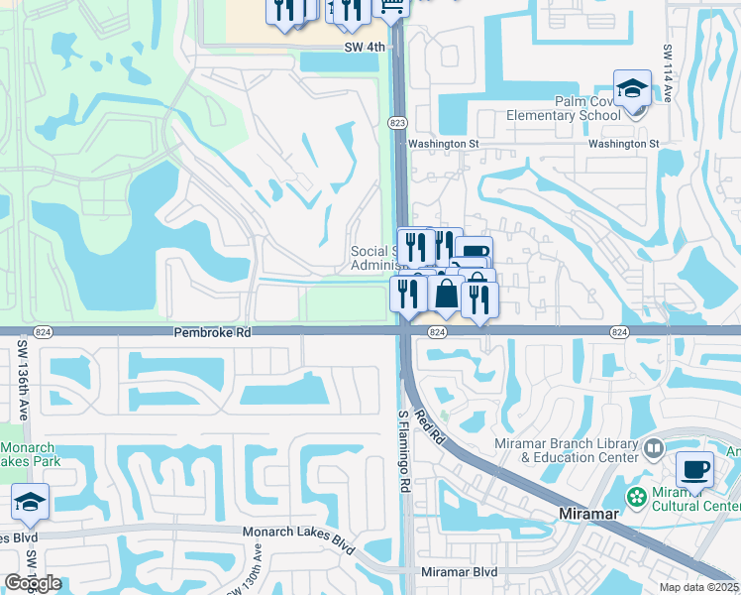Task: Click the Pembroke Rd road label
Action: [212, 334]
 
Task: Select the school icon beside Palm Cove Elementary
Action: [632, 90]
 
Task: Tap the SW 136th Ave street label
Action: [21, 369]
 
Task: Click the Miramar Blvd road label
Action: [458, 573]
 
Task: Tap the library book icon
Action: [653, 450]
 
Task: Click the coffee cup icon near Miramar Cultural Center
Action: [694, 470]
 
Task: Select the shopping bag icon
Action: [445, 294]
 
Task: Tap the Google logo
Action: [33, 583]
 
